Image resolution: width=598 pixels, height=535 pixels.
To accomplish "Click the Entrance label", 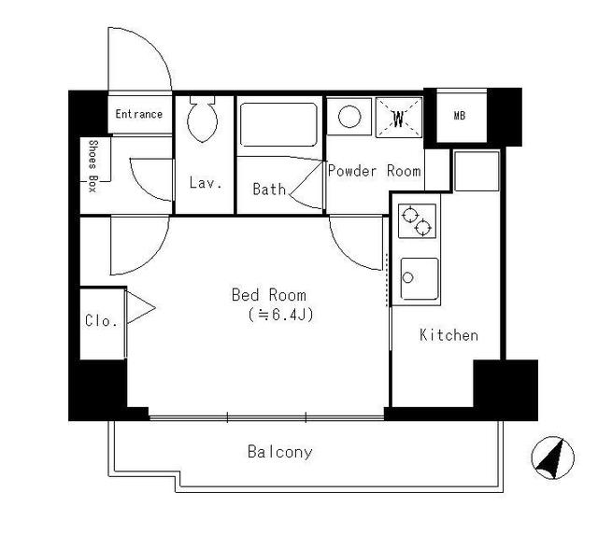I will (x=139, y=115).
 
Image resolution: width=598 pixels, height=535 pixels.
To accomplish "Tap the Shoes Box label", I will (x=93, y=164).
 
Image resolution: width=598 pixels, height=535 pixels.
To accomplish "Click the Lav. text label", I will (x=205, y=183).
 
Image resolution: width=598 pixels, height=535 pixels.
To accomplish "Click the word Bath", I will (x=269, y=189).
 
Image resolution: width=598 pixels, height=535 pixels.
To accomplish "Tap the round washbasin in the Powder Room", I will (x=349, y=118).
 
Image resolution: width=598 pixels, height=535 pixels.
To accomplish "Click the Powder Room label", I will (x=374, y=172).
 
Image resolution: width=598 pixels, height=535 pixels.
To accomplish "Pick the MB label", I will (x=459, y=116).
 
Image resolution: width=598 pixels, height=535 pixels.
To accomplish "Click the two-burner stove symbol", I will (x=416, y=221).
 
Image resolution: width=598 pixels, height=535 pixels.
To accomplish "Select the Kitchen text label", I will (x=448, y=334).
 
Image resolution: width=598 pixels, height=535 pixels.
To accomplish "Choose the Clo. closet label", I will (x=101, y=320).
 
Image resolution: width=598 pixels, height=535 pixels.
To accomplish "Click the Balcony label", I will (x=280, y=453).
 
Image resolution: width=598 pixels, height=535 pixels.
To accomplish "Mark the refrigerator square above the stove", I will (x=477, y=169).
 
